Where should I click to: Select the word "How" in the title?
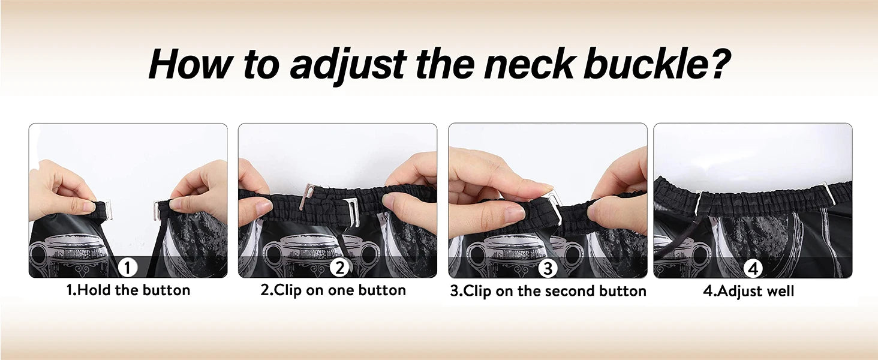(x=191, y=64)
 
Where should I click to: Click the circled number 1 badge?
(x=127, y=268)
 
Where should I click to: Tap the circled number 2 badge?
(x=339, y=268)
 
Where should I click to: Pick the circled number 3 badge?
(x=548, y=268)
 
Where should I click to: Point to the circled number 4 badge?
(x=753, y=269)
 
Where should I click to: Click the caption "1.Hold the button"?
(x=128, y=290)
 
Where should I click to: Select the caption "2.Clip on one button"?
(x=333, y=290)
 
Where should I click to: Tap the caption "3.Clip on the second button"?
(x=548, y=291)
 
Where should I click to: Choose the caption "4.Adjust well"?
(x=748, y=291)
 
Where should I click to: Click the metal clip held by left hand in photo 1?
(x=107, y=210)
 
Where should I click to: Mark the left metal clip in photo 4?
(x=698, y=202)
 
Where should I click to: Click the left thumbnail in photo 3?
(x=514, y=214)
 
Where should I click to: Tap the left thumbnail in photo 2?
(x=263, y=206)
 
